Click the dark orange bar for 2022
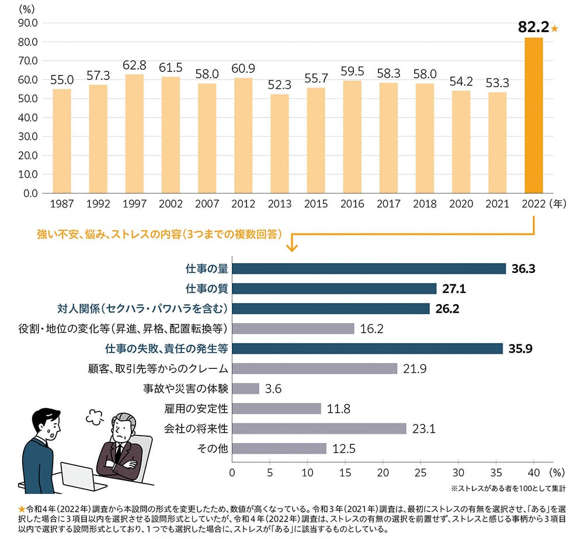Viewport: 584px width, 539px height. [x=534, y=115]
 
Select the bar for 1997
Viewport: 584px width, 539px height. [x=134, y=133]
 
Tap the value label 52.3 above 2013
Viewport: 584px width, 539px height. [x=279, y=84]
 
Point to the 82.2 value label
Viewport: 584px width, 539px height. [x=533, y=27]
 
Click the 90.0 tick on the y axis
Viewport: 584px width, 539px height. [x=29, y=23]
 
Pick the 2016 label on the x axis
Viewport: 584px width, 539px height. [x=352, y=204]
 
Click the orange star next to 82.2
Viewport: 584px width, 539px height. [x=555, y=27]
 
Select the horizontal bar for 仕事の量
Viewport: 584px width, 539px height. [x=369, y=268]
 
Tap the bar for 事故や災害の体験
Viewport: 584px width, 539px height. [x=246, y=388]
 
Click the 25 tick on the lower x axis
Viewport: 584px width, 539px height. [x=421, y=472]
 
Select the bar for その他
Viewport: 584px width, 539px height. [x=279, y=448]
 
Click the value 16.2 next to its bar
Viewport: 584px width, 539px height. [x=371, y=329]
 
